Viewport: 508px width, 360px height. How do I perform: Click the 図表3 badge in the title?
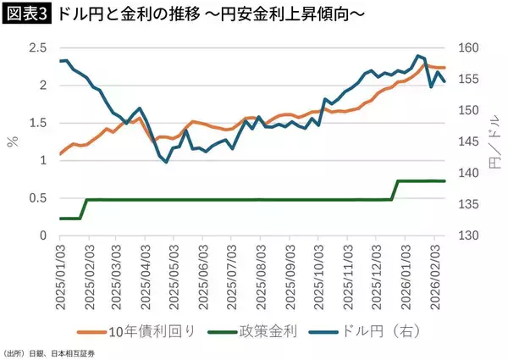click(x=28, y=15)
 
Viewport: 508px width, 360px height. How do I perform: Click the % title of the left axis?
click(x=12, y=141)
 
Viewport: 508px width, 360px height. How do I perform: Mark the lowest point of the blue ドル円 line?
click(x=166, y=162)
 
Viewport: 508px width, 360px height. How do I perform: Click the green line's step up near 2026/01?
click(x=395, y=191)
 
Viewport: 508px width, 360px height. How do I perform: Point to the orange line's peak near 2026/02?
click(x=425, y=64)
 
